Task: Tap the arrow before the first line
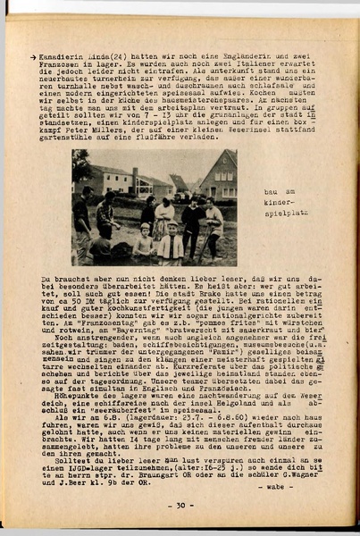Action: (x=33, y=56)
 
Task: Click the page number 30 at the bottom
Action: (x=180, y=505)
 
